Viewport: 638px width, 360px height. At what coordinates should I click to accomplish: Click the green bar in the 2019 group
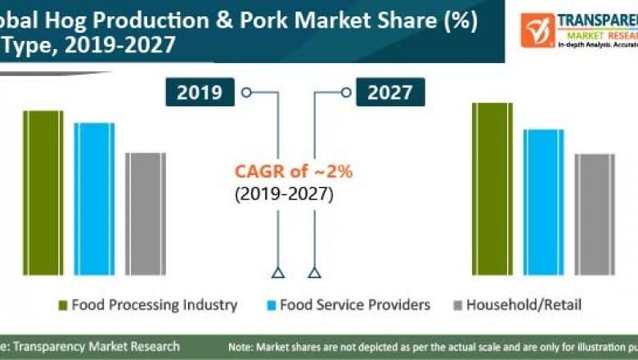click(43, 192)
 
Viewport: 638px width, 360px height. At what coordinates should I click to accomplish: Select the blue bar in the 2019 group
click(94, 199)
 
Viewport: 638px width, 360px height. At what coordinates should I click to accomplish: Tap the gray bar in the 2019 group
click(146, 213)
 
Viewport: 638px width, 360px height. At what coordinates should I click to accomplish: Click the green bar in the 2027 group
click(492, 189)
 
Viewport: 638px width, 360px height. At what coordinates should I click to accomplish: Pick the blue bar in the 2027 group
click(544, 202)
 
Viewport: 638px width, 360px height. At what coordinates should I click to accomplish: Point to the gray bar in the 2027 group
click(595, 214)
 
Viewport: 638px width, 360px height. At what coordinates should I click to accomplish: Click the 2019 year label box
click(200, 92)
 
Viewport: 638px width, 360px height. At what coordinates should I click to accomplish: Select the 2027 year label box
click(389, 92)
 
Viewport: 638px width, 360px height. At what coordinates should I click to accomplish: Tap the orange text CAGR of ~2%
click(294, 172)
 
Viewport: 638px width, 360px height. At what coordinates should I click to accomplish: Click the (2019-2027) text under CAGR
click(284, 195)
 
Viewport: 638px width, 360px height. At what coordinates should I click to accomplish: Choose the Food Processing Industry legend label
click(154, 305)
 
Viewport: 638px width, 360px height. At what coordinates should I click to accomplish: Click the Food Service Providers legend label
click(354, 305)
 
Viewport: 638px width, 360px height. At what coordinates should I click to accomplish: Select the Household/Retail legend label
click(523, 305)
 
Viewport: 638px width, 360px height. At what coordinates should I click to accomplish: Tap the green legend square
click(61, 306)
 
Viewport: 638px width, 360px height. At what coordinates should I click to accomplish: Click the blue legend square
click(269, 306)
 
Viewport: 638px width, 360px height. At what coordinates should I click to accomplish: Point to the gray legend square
click(457, 306)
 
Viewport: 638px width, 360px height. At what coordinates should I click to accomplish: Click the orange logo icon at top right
click(537, 29)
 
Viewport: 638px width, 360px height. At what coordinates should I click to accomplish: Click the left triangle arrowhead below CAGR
click(278, 272)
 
